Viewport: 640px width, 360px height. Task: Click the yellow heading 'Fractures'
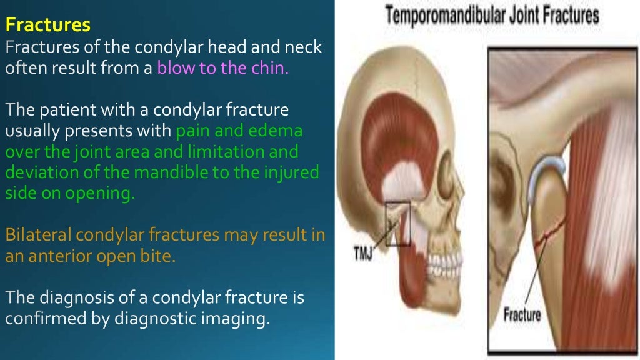coord(48,26)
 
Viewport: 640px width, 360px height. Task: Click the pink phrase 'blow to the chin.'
coord(223,68)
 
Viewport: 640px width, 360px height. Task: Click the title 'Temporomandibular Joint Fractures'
coord(492,16)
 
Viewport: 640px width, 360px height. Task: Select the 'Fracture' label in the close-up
coord(522,314)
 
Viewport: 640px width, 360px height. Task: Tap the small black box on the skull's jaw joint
coord(397,223)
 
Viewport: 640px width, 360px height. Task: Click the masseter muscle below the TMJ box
coord(406,275)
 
